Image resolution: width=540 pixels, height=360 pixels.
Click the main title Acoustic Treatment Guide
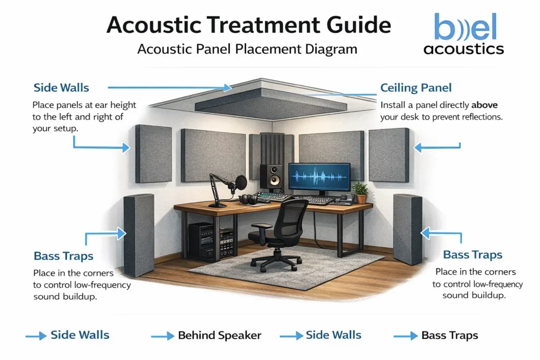click(x=249, y=25)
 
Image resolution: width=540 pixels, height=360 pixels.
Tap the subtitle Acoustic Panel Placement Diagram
click(x=247, y=50)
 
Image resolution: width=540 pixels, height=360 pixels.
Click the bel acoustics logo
click(x=464, y=35)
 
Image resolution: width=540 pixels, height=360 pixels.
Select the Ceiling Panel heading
click(x=416, y=88)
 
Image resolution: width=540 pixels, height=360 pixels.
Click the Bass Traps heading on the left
click(x=63, y=257)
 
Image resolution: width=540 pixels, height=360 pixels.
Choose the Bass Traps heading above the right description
click(x=472, y=255)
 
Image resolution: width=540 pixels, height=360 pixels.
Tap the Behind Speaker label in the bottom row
click(x=219, y=335)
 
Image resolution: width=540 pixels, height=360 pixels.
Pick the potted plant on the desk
click(x=361, y=192)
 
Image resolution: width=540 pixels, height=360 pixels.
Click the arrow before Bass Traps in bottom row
click(x=405, y=336)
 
